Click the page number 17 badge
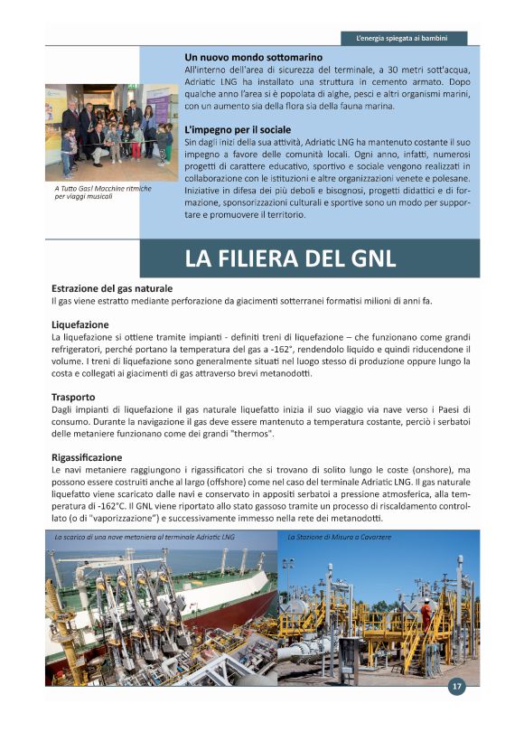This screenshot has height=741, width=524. [x=457, y=687]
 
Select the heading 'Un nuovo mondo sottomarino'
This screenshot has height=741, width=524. [x=253, y=57]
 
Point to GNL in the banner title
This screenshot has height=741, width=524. [x=370, y=258]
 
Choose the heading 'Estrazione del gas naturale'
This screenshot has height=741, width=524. [x=112, y=287]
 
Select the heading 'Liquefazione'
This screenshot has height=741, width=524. [x=80, y=324]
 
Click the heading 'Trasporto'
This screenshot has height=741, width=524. [x=73, y=397]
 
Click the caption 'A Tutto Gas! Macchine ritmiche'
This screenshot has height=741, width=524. [x=101, y=188]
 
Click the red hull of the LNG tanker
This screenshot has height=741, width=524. [x=244, y=606]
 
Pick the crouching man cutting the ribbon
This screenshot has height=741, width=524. [x=98, y=140]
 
